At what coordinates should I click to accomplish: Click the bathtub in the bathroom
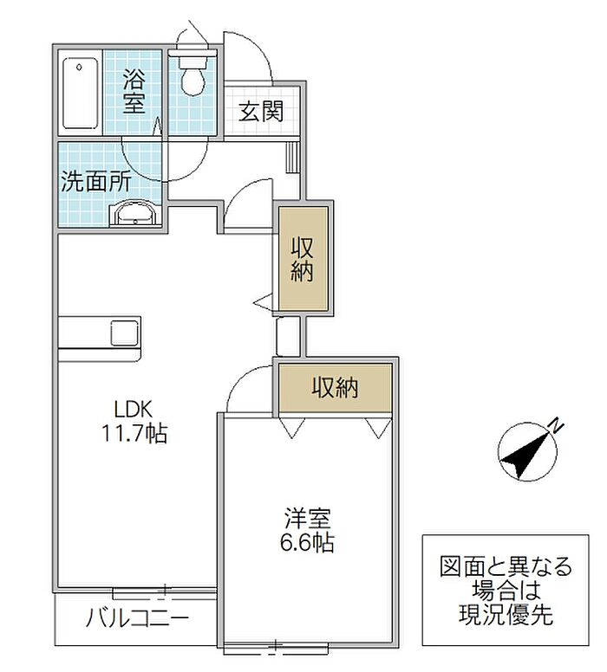click(81, 93)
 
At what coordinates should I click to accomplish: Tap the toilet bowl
click(193, 81)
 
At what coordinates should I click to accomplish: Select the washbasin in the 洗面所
click(135, 213)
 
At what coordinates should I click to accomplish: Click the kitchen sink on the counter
click(125, 333)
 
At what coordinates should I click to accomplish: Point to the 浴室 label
click(134, 91)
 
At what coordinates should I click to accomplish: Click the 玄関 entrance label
click(260, 112)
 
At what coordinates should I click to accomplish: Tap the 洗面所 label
click(95, 183)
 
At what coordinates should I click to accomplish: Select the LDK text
click(133, 410)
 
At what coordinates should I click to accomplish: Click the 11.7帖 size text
click(134, 433)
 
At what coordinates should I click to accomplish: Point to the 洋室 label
click(307, 519)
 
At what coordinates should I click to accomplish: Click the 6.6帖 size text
click(307, 542)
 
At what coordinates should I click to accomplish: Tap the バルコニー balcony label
click(137, 618)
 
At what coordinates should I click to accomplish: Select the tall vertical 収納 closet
click(303, 259)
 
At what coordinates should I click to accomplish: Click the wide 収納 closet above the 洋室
click(335, 388)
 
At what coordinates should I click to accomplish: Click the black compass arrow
click(526, 456)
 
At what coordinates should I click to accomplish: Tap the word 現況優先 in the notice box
click(506, 615)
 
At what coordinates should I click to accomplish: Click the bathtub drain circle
click(79, 68)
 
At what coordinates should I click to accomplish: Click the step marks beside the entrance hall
click(292, 157)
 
